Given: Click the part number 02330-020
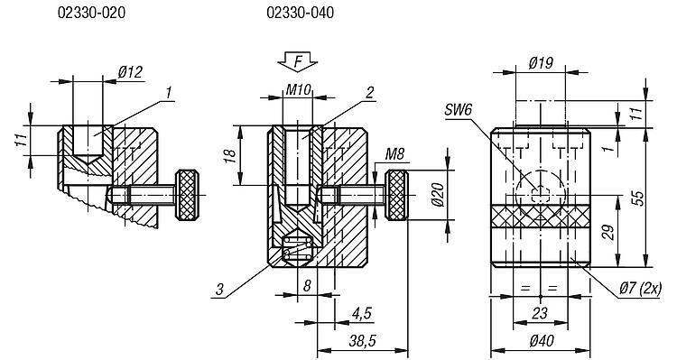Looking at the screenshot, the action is tap(91, 13).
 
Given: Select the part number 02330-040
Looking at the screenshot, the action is tap(300, 13).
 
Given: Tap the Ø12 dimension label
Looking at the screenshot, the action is tap(130, 71).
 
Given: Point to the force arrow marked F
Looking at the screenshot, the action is tap(298, 61).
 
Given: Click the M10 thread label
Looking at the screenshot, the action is tap(299, 90).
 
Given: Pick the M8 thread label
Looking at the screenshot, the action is tap(394, 154).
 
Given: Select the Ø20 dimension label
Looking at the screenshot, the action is tap(438, 195).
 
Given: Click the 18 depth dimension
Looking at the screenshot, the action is tap(229, 155).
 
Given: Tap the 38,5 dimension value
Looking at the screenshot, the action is tap(362, 341).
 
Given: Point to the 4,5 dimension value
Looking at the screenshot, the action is tap(361, 313).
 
